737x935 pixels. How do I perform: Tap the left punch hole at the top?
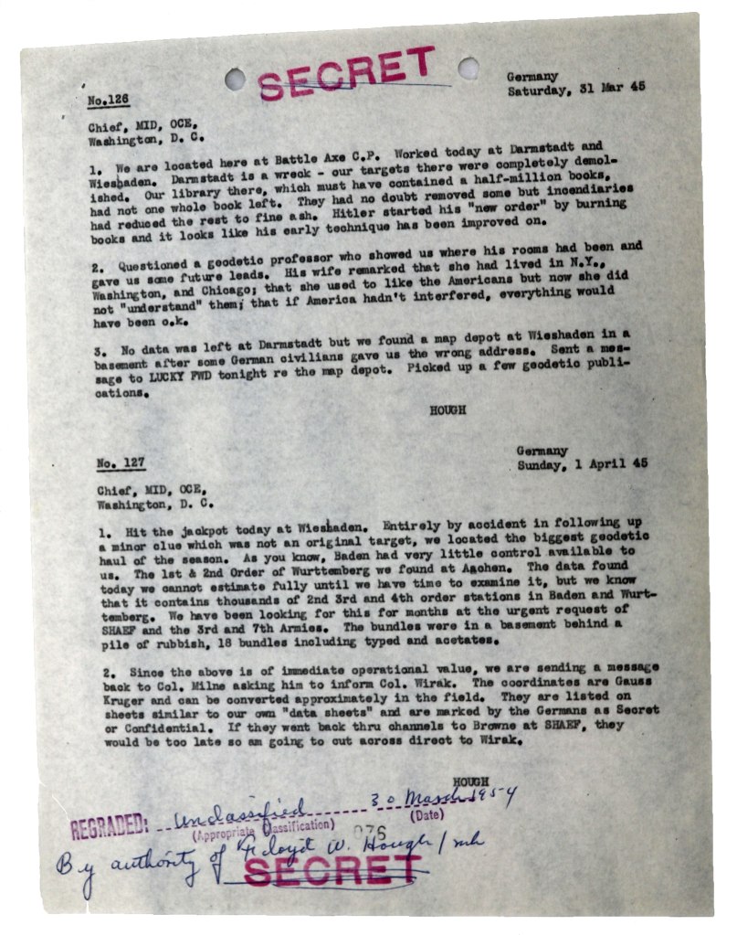[x=235, y=80]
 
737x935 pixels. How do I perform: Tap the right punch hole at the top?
[x=469, y=67]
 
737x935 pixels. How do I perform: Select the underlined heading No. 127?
[x=120, y=463]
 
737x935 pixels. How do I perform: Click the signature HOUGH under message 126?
[x=447, y=410]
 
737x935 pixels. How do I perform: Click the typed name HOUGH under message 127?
[x=470, y=781]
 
